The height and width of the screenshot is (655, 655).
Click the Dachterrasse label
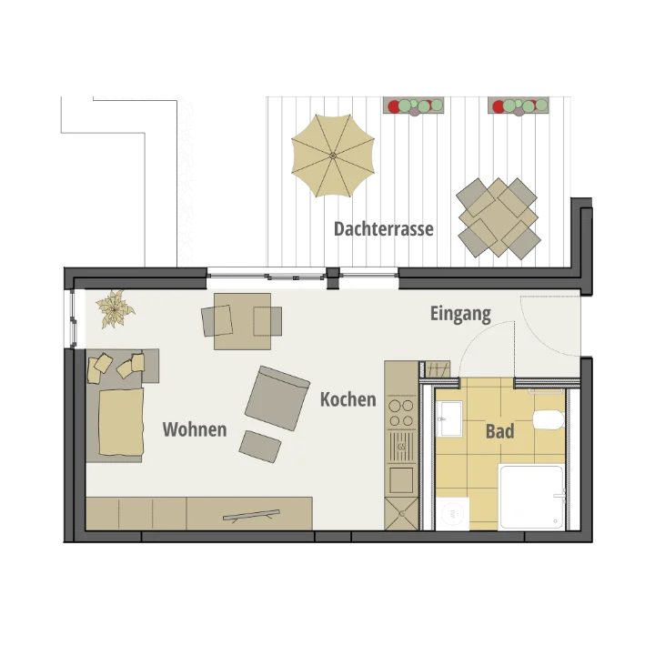pyautogui.click(x=384, y=229)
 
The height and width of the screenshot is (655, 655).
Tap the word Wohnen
pyautogui.click(x=195, y=429)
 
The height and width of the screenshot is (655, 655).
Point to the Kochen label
pyautogui.click(x=348, y=399)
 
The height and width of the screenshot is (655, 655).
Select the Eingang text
pyautogui.click(x=460, y=314)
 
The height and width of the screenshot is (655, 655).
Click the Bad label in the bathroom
pyautogui.click(x=499, y=431)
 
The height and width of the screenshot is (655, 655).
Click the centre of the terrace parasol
pyautogui.click(x=333, y=156)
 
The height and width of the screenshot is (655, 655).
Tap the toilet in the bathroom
pyautogui.click(x=549, y=419)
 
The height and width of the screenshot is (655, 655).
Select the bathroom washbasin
pyautogui.click(x=449, y=418)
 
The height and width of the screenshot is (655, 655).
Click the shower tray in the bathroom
pyautogui.click(x=531, y=497)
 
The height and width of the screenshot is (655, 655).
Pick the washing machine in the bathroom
pyautogui.click(x=452, y=514)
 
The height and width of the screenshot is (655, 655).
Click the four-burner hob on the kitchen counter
pyautogui.click(x=401, y=413)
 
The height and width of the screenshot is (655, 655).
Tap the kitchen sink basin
pyautogui.click(x=401, y=480)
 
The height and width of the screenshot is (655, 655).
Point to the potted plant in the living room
pyautogui.click(x=115, y=309)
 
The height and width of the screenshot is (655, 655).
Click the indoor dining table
pyautogui.click(x=242, y=321)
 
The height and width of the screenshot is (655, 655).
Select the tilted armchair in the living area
pyautogui.click(x=277, y=398)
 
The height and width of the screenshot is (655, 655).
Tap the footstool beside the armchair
pyautogui.click(x=260, y=447)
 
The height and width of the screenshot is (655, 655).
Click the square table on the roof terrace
pyautogui.click(x=499, y=217)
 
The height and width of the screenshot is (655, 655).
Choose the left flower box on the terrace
pyautogui.click(x=414, y=106)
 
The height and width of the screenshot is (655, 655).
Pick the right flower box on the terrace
pyautogui.click(x=518, y=106)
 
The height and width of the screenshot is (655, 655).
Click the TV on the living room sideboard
pyautogui.click(x=251, y=515)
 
